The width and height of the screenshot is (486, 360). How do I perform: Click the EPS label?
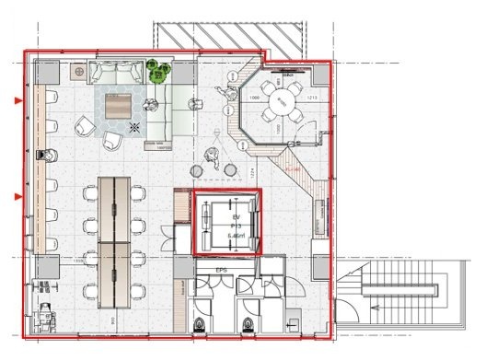222,270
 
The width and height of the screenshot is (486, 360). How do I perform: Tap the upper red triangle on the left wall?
17,99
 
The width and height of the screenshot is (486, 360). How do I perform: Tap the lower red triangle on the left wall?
17,197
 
